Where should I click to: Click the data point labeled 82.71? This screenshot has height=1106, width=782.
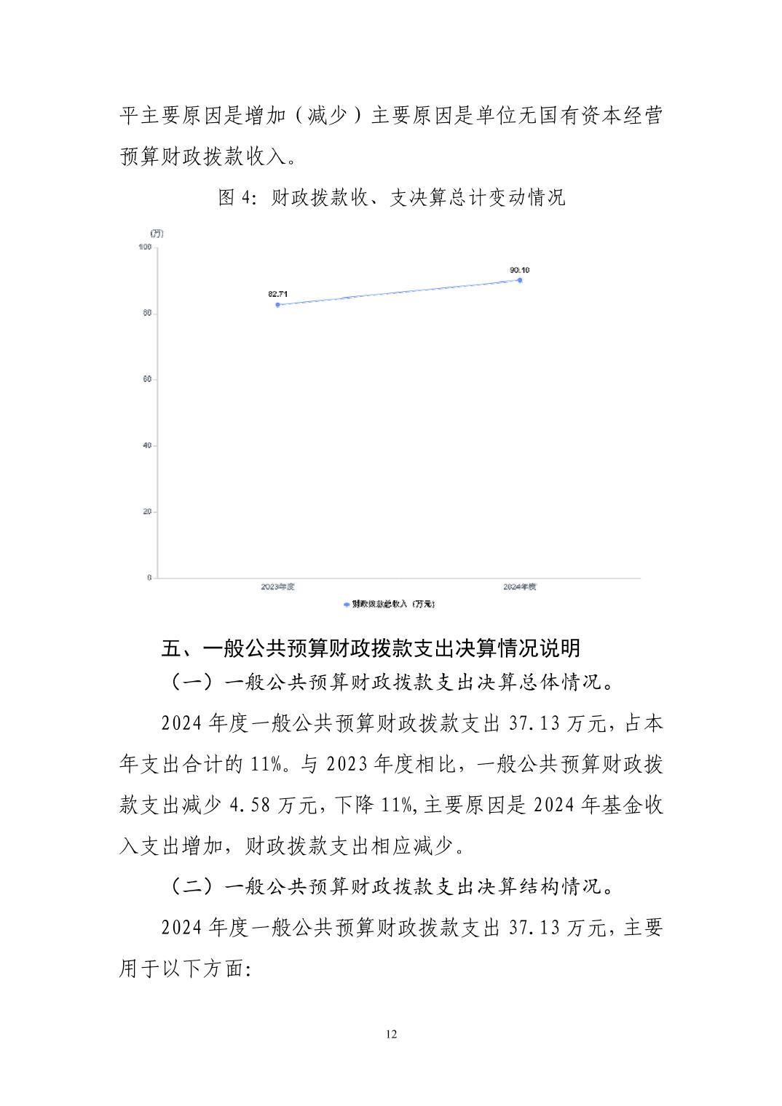[278, 304]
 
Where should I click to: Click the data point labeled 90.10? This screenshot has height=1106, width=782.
[520, 279]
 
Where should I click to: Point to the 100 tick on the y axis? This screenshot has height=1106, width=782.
[143, 247]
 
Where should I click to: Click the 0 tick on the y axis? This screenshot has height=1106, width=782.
[149, 578]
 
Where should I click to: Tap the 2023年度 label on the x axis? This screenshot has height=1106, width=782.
[277, 586]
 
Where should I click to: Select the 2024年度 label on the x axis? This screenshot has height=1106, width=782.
[520, 586]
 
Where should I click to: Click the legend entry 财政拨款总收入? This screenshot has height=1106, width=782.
[390, 604]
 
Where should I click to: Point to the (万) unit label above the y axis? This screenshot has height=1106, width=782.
[157, 233]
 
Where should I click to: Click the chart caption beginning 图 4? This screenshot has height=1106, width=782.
[391, 198]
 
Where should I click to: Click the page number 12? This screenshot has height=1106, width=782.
[391, 1035]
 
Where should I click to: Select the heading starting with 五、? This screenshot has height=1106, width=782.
[371, 648]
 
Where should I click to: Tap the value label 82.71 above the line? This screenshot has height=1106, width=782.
[278, 294]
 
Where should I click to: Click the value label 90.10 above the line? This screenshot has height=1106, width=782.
[520, 269]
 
